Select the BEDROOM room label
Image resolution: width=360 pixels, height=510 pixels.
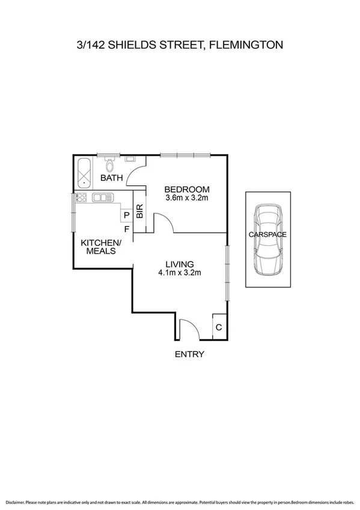(188, 189)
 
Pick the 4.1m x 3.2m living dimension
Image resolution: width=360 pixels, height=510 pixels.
(179, 273)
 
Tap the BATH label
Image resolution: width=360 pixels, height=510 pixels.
(111, 178)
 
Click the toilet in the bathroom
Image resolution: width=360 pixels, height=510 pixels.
(110, 164)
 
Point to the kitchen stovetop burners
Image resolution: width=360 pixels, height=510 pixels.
(82, 197)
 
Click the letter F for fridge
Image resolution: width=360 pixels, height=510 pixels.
(126, 229)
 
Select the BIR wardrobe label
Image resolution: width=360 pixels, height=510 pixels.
(140, 212)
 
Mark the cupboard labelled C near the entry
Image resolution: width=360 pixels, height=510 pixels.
(219, 328)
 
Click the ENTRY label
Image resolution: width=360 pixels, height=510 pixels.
(189, 354)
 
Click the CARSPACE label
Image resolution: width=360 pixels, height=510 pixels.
(268, 234)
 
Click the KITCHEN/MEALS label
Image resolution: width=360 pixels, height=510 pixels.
(101, 247)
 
